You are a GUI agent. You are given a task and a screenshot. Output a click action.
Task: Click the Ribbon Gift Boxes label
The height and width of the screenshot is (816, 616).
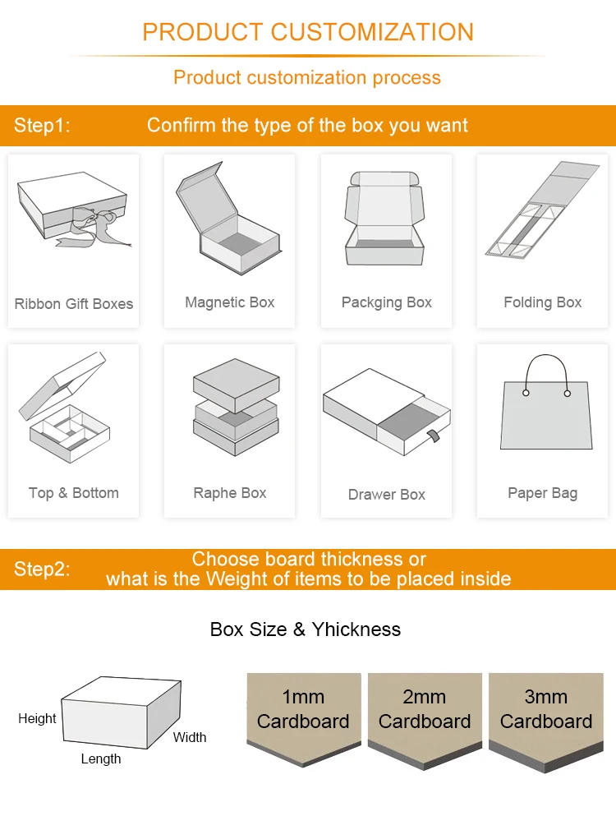(x=73, y=303)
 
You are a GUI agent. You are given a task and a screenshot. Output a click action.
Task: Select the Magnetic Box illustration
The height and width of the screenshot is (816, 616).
(x=228, y=218)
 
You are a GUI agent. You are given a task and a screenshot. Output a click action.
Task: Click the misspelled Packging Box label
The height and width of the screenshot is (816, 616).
(x=387, y=302)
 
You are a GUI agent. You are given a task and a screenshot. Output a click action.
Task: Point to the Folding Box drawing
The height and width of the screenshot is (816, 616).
(x=542, y=210)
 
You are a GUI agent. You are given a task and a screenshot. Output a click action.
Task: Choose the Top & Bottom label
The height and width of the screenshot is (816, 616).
(x=73, y=493)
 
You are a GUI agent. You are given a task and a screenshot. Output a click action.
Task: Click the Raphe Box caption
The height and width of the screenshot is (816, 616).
(x=229, y=493)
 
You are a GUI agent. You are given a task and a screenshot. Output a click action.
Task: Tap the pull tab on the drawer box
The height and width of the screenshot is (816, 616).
(x=434, y=436)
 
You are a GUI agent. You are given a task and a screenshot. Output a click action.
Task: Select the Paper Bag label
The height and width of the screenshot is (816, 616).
(x=543, y=493)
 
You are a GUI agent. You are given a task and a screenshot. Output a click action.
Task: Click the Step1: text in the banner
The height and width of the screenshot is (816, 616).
(x=42, y=126)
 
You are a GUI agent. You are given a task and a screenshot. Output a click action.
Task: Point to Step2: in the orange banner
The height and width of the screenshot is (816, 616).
(x=42, y=569)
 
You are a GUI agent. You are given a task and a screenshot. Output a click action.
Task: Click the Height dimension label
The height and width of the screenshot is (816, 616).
(x=37, y=719)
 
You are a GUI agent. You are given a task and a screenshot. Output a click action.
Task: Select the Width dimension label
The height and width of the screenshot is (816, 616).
(x=190, y=737)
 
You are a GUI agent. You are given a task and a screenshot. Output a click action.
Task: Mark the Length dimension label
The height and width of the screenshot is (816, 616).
(x=101, y=759)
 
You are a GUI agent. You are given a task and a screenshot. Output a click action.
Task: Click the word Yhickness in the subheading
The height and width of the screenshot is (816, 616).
(x=356, y=629)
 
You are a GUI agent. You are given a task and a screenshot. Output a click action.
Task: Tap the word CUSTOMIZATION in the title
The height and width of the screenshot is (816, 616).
(x=372, y=32)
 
